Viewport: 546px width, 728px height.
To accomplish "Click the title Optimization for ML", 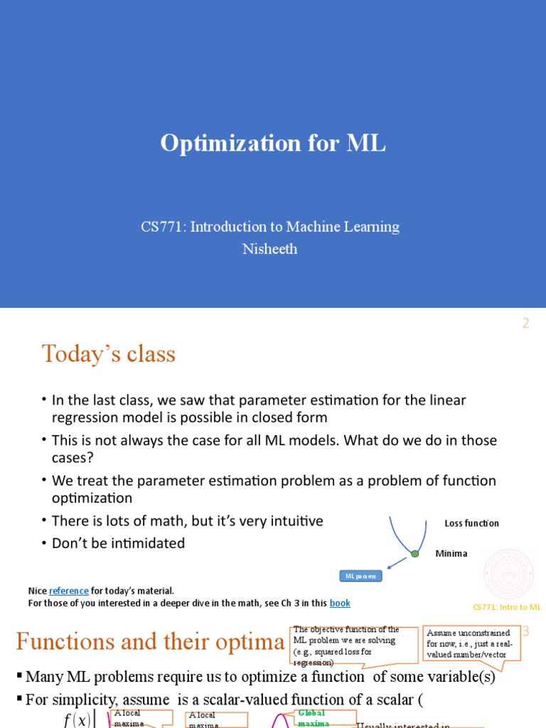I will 273,143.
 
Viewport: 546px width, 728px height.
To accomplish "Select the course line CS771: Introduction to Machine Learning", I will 270,227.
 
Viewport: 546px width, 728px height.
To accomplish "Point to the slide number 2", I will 526,323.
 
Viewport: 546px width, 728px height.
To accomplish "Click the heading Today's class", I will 109,353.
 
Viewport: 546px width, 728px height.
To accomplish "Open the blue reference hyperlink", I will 69,591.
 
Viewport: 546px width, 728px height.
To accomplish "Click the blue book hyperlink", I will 340,603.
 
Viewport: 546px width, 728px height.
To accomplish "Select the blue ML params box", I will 360,576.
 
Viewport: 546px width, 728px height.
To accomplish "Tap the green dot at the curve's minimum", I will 414,553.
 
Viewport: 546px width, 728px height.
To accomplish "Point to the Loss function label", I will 471,523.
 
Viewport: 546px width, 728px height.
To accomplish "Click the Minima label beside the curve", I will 451,553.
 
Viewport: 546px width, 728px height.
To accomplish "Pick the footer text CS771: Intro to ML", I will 507,607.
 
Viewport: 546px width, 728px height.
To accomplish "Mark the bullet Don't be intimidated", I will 118,543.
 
